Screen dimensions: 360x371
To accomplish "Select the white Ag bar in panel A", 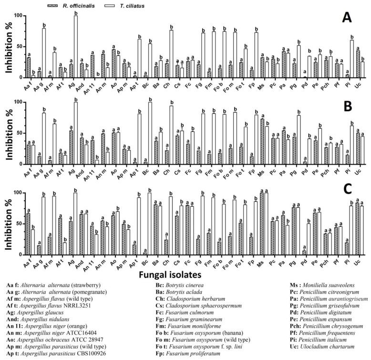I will click(75, 46).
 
